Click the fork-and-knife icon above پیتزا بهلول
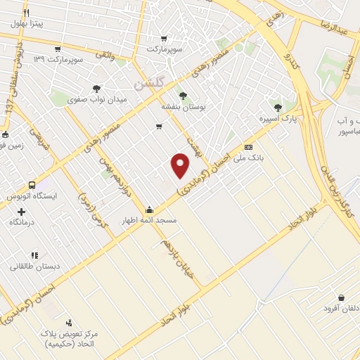tap(26, 13)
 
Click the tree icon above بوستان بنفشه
tap(183, 95)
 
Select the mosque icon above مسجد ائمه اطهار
tap(149, 210)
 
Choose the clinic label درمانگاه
tap(22, 222)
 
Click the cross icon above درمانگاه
tap(21, 211)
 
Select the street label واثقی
tap(104, 54)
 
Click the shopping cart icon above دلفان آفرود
tap(341, 298)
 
